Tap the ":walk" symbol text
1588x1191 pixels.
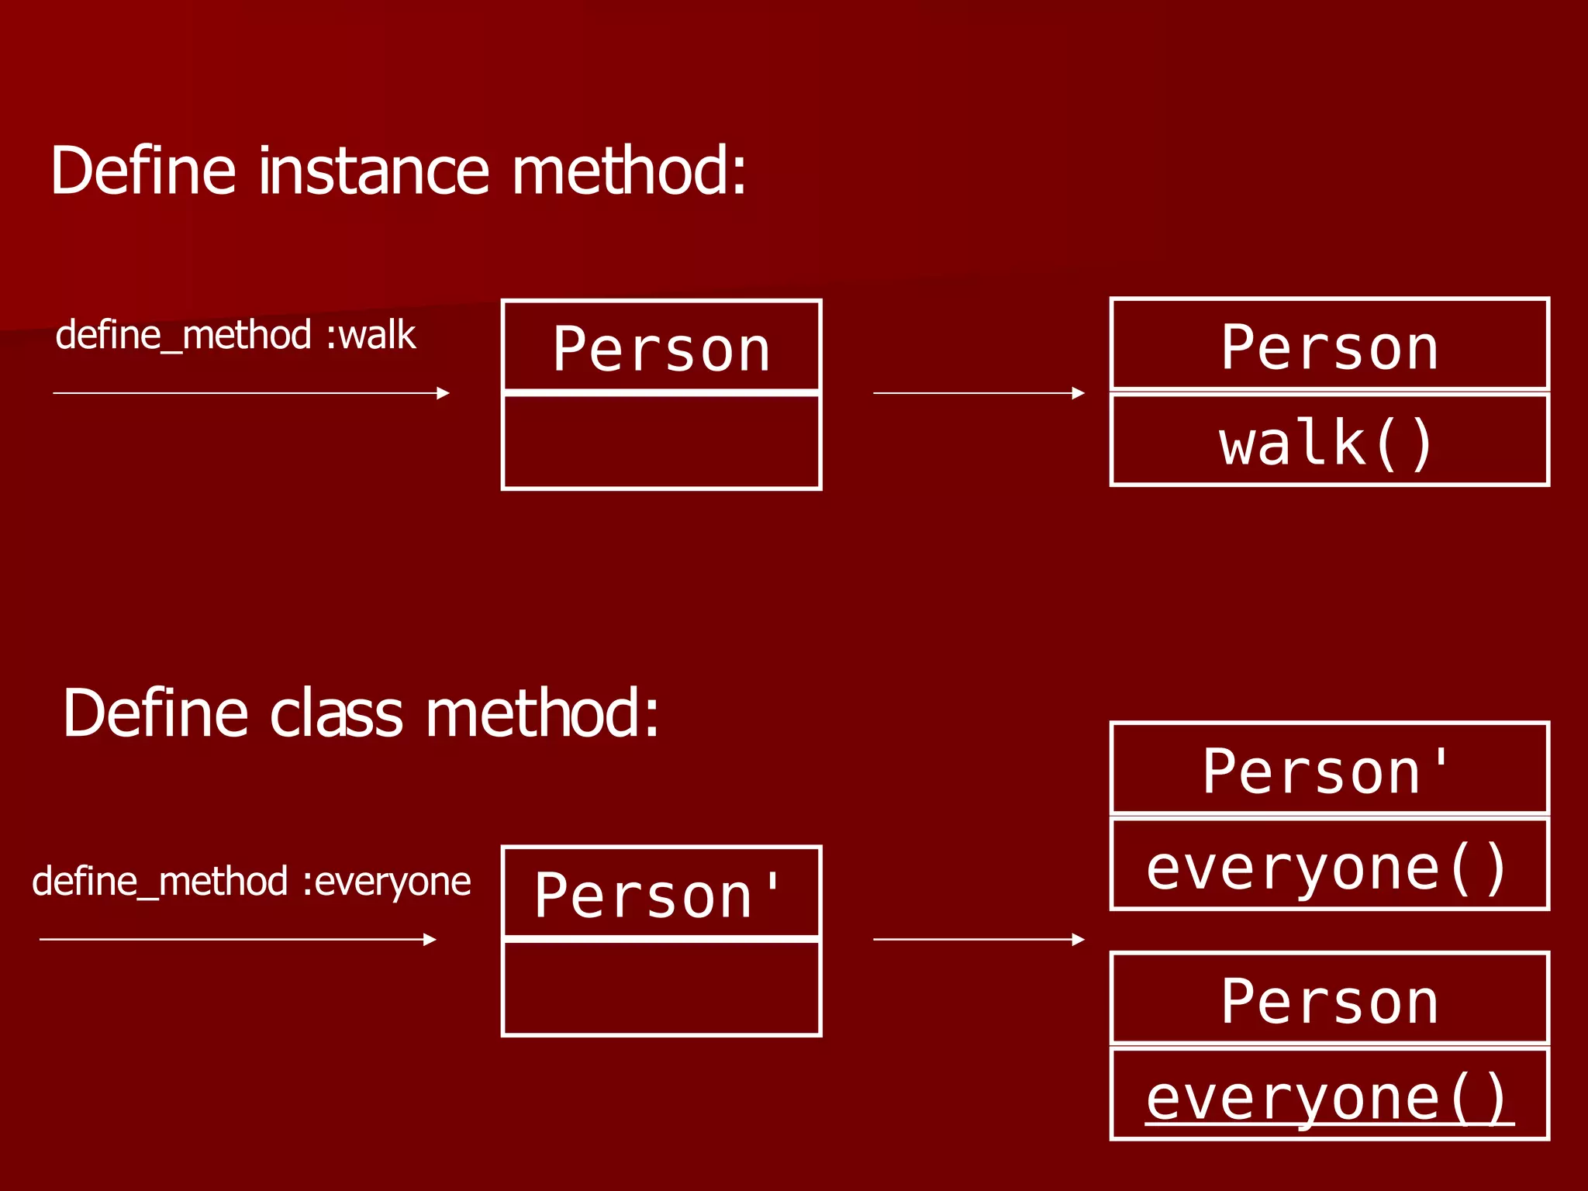pos(371,335)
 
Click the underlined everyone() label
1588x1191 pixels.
pos(1328,1097)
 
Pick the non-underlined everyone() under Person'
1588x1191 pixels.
pos(1328,867)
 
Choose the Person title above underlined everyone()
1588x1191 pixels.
pos(1329,1002)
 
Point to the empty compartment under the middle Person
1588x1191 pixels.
pos(661,442)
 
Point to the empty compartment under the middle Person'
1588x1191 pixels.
pos(661,988)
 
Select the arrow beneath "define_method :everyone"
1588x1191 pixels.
pos(237,940)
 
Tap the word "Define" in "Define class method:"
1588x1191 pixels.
pos(155,713)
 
